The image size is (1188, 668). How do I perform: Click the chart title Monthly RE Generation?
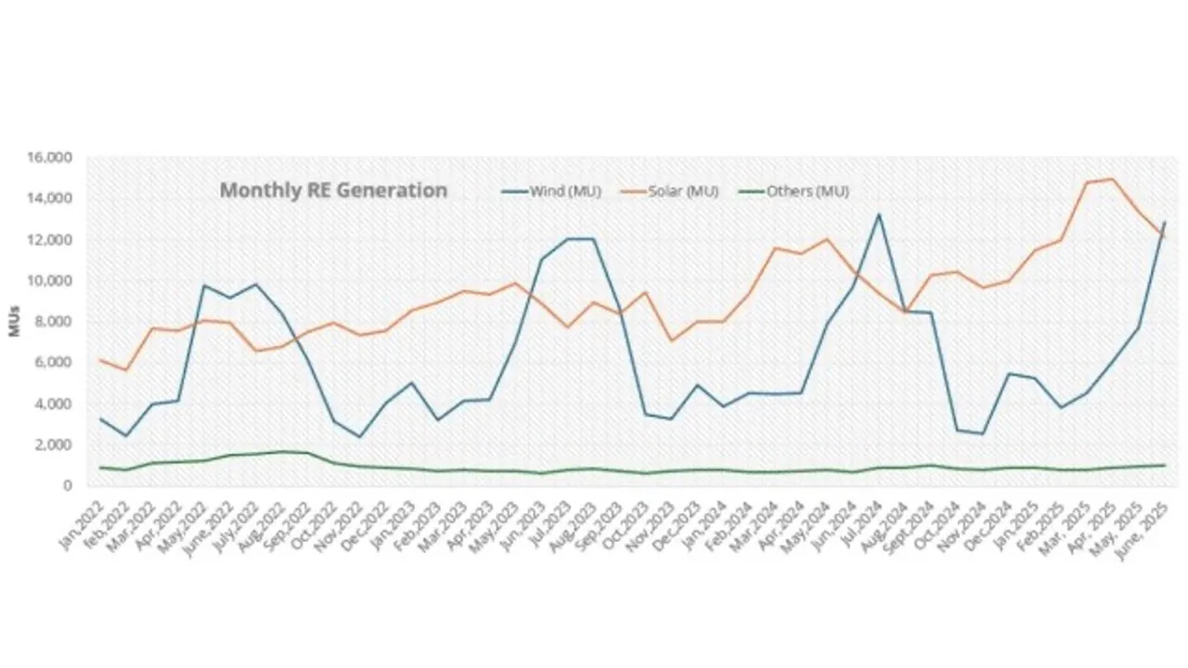click(332, 190)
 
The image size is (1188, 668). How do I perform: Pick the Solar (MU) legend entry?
click(683, 192)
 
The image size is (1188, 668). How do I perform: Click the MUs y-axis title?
click(15, 321)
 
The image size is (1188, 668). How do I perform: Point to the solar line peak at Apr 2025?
click(1112, 179)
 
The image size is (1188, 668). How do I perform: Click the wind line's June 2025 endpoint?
click(1164, 223)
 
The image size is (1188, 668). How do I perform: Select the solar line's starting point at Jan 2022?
click(101, 360)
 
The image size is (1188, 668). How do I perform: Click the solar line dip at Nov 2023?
click(671, 340)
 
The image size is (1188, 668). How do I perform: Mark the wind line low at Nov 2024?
click(982, 433)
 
